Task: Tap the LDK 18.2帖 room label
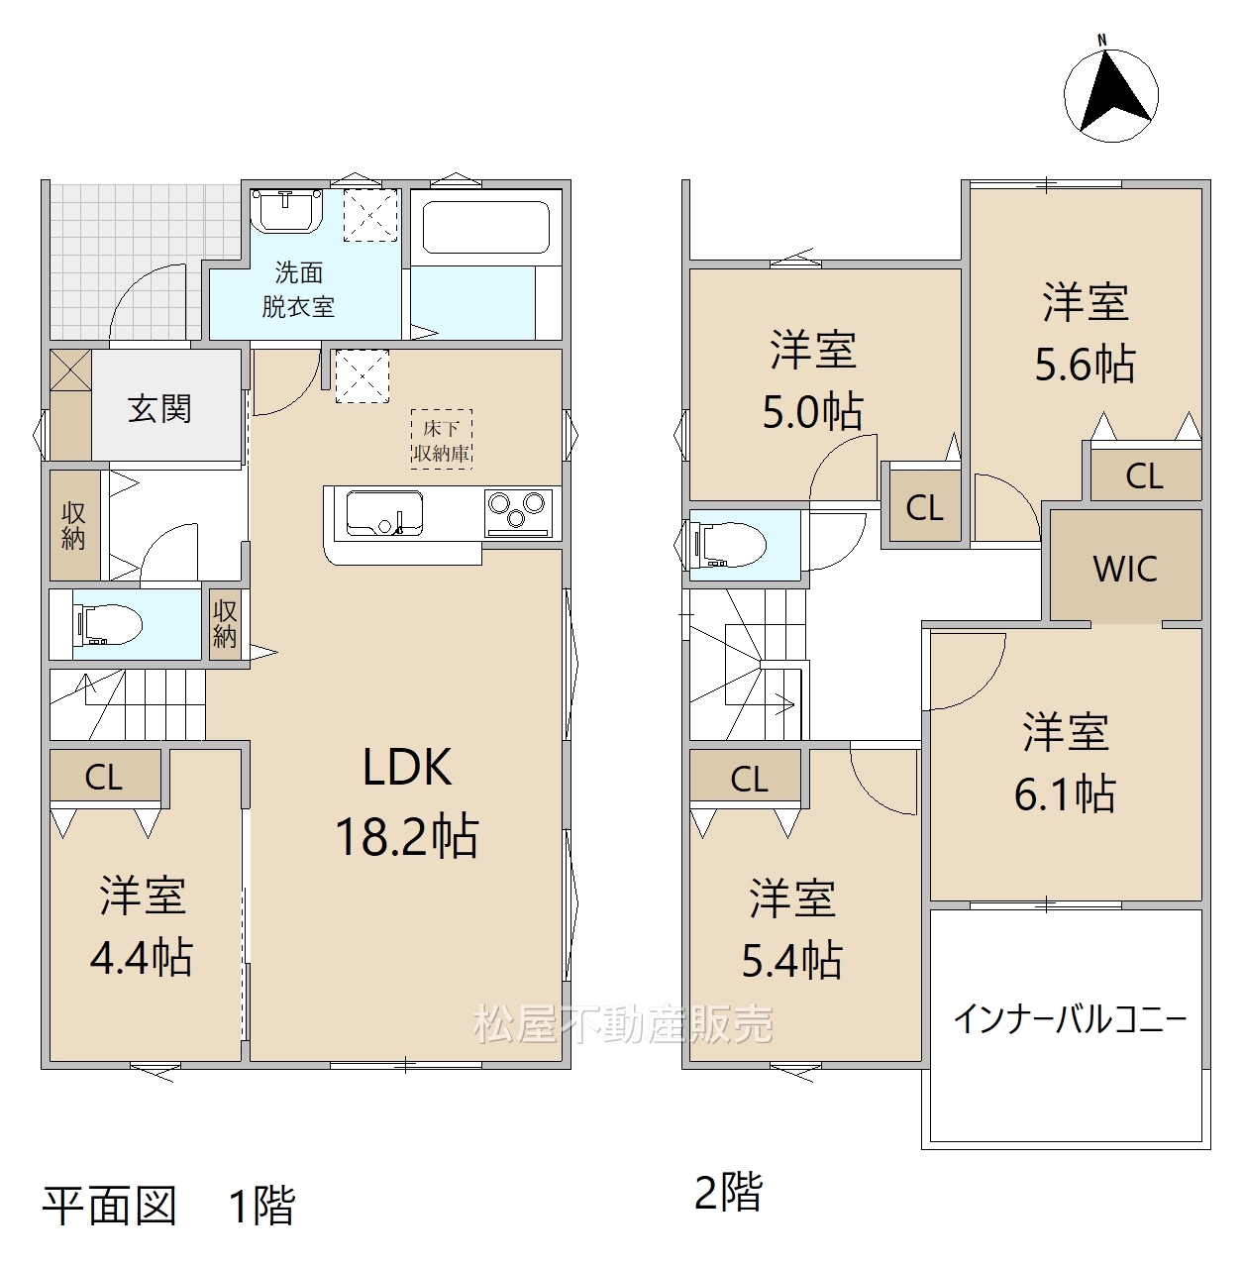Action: (407, 802)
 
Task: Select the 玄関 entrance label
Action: (159, 408)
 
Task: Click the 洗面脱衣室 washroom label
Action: (299, 289)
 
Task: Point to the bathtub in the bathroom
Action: (485, 227)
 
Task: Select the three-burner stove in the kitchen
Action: (518, 512)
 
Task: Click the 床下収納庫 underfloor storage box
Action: (442, 440)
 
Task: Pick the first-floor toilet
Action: (109, 624)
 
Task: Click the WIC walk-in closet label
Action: (1125, 569)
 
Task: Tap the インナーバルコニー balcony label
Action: (1070, 1018)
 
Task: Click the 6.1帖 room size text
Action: (1065, 793)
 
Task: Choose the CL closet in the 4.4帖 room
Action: (104, 777)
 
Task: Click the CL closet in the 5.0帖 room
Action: (924, 507)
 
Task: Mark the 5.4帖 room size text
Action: (791, 960)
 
